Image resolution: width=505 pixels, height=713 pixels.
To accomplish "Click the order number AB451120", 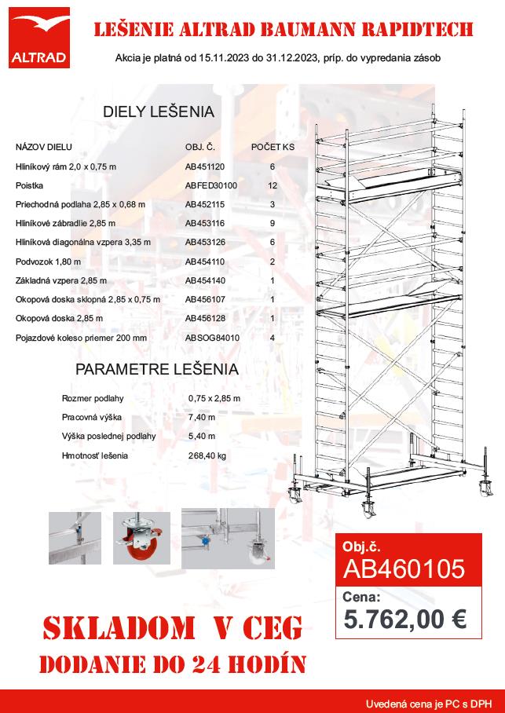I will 205,166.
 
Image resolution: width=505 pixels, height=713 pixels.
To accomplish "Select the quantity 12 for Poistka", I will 273,185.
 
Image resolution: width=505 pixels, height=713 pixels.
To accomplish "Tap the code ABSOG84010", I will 212,338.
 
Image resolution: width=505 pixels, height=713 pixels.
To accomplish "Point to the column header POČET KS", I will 273,147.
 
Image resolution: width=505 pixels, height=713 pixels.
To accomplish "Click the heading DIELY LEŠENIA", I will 159,112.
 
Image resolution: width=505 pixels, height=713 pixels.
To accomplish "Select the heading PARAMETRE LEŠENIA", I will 157,369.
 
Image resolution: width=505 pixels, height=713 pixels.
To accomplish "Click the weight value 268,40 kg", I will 207,455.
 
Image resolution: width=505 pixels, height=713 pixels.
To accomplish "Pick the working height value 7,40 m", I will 202,417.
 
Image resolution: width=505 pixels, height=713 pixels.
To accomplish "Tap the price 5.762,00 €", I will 405,619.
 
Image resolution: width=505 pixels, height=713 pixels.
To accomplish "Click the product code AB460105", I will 405,568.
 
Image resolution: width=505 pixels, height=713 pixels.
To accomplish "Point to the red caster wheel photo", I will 141,537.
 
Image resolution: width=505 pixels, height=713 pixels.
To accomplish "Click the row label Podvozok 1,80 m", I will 47,261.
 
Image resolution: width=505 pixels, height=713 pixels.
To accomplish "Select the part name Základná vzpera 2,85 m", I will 61,280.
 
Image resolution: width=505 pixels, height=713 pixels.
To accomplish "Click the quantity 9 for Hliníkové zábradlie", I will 273,223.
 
